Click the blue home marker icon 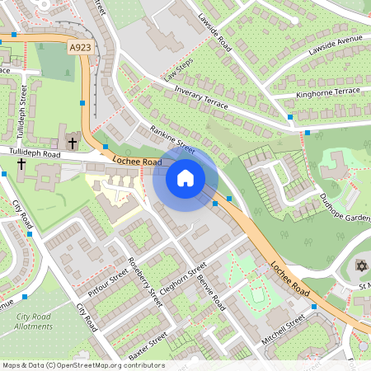coord(185,177)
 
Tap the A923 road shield coord(80,49)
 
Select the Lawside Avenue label coord(336,50)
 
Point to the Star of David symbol coord(360,265)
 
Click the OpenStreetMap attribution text coord(82,365)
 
